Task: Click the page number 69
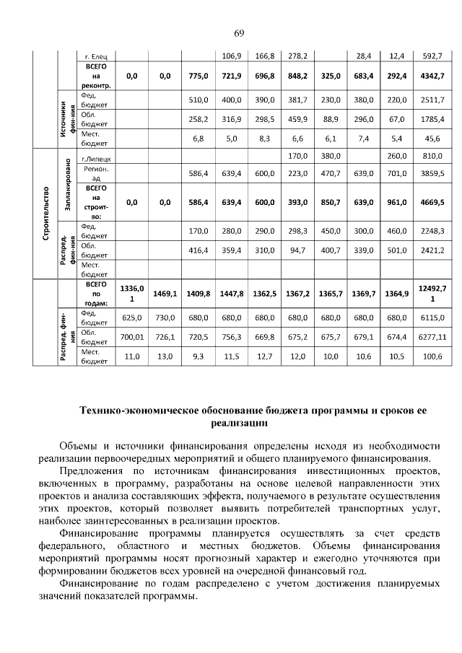pos(239,33)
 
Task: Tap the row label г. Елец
pos(95,56)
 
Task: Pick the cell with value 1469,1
pos(165,294)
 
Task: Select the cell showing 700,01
pos(132,336)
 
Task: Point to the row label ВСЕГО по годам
pos(95,294)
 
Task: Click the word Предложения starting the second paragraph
pos(92,471)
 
